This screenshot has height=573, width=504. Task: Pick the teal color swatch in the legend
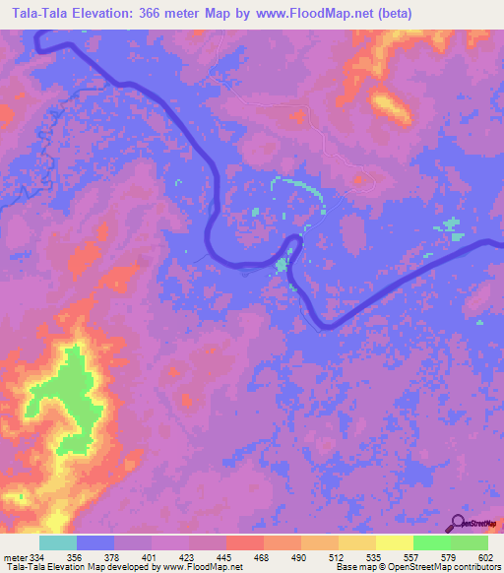click(58, 542)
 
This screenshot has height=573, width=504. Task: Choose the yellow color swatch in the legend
click(394, 542)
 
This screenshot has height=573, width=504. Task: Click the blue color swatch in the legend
click(95, 542)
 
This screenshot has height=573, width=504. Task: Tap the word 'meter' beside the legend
click(16, 556)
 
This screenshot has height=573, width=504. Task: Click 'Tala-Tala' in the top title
click(38, 13)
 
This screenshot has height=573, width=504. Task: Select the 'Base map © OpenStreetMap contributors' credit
click(417, 567)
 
